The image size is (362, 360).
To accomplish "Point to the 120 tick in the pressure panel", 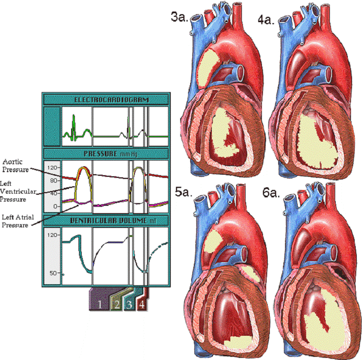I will tap(52, 168).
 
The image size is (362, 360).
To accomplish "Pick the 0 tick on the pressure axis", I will tap(55, 206).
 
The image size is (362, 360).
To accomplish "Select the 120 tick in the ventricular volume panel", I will tap(52, 235).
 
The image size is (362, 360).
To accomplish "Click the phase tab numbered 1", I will tap(100, 304).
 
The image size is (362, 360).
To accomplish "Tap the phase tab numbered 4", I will tap(141, 304).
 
